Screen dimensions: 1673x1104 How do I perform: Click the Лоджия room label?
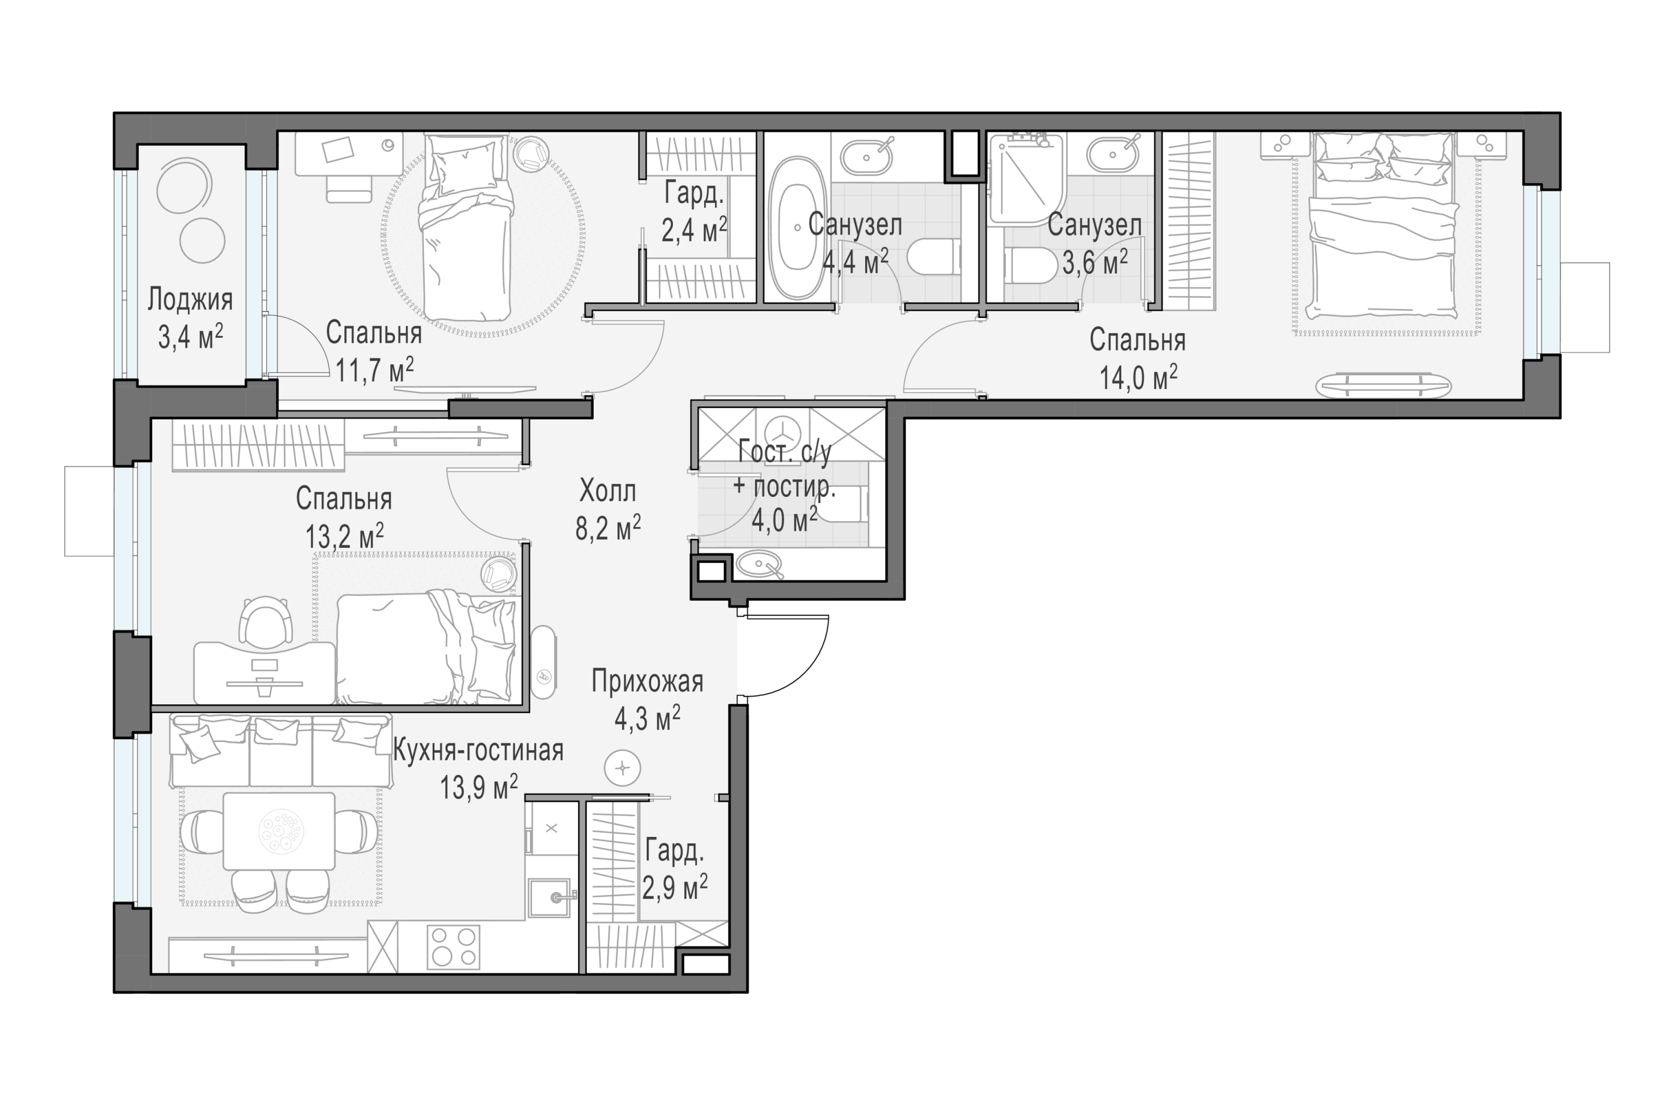tap(190, 300)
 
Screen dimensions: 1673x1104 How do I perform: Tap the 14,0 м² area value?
tap(1138, 378)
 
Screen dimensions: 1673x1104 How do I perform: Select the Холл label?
tap(608, 491)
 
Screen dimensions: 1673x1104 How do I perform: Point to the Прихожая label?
tap(647, 682)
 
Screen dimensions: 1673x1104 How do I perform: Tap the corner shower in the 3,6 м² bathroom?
tap(1025, 179)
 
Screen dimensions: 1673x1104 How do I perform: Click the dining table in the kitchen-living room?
tap(279, 831)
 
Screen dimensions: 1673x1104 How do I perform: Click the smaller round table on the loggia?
tap(202, 241)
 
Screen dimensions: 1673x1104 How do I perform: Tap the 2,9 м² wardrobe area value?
tap(674, 888)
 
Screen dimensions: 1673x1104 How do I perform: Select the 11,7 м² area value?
tap(374, 370)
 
